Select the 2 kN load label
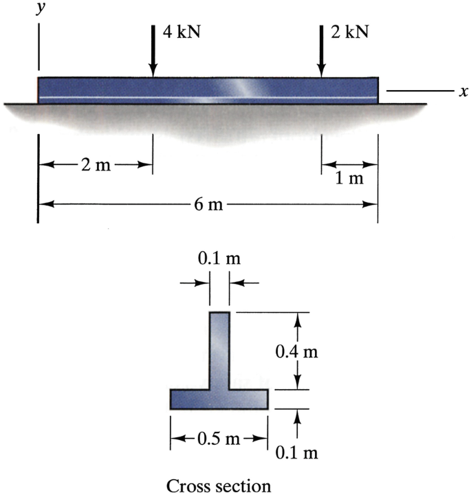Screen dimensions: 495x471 [349, 32]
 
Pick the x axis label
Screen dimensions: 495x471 [454, 90]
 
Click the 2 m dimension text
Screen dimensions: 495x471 [94, 166]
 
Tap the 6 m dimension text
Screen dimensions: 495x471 [206, 204]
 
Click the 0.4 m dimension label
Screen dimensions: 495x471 [297, 351]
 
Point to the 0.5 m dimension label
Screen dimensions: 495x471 [219, 439]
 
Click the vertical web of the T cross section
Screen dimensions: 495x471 [219, 351]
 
